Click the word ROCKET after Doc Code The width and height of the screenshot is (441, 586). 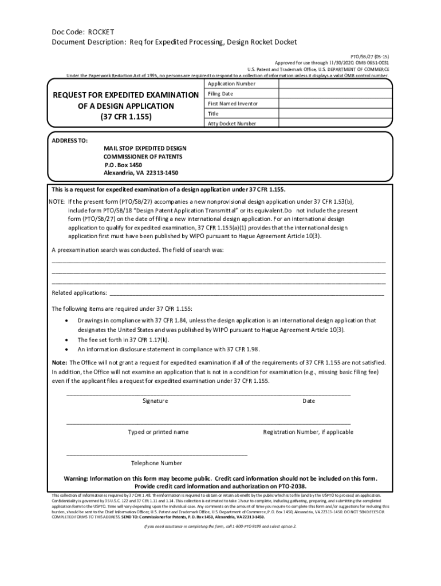point(101,32)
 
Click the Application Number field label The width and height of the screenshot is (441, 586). point(231,84)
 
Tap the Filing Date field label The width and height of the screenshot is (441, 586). point(220,94)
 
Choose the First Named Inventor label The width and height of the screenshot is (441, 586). point(233,104)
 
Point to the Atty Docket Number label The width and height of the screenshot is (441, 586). point(231,124)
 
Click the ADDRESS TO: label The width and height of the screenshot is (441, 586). point(69,140)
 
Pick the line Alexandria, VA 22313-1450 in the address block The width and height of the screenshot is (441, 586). point(141,172)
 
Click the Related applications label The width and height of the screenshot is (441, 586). point(79,292)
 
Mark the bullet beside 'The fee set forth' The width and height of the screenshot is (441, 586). point(69,340)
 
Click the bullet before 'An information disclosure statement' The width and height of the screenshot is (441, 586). point(69,349)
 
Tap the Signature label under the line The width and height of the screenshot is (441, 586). point(155,401)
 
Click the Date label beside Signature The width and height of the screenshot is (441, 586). point(309,401)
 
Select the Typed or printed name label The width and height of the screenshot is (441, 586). point(158,432)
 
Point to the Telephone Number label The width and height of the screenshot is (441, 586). point(157,463)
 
